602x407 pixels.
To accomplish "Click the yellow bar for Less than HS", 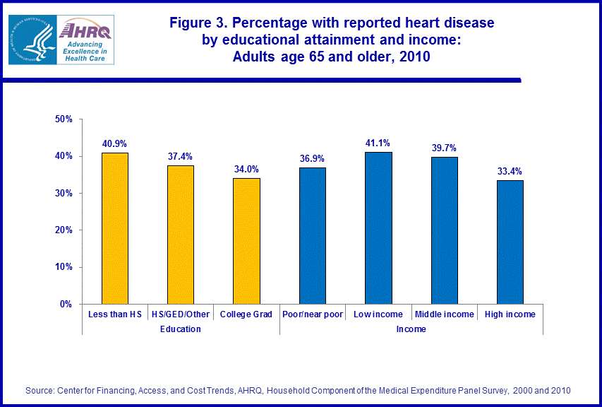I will click(114, 228).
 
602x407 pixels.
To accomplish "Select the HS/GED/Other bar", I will click(180, 235).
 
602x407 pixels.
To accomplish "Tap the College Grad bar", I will click(246, 241).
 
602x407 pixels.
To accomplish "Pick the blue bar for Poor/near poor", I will click(312, 235).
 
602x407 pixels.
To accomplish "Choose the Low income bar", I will click(378, 228).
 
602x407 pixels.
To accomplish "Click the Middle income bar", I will click(444, 230).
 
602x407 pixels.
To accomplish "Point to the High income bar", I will click(510, 242).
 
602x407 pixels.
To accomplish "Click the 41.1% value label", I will click(378, 143).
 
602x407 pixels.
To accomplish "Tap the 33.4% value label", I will click(510, 171).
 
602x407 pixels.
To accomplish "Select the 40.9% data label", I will click(114, 143).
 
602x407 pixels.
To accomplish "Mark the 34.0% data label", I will click(246, 169).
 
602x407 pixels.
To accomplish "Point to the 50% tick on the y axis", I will click(64, 119).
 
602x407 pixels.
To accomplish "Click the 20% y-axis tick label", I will click(64, 230).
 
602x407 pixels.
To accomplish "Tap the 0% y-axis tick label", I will click(66, 304).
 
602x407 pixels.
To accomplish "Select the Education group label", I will click(180, 329).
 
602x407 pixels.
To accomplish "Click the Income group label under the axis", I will click(411, 329).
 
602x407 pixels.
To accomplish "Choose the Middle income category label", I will click(444, 314).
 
